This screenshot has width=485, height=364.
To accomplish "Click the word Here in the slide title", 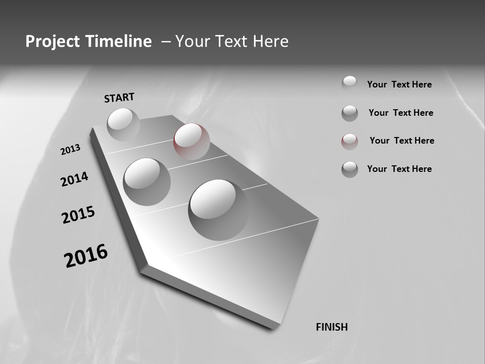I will pos(268,41).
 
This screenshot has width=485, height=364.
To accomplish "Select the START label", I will pos(119,98).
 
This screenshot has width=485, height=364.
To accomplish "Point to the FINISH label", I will pos(332,327).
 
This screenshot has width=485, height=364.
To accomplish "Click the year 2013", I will pos(70,150).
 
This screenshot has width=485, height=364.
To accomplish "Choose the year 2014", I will pos(74,179).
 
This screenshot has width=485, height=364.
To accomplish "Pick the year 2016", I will pos(86,256).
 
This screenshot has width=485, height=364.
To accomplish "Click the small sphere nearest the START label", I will pos(123,124).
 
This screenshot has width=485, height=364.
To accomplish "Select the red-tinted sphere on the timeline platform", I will pos(191,141).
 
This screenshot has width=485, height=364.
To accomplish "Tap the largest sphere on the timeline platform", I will pos(218,209).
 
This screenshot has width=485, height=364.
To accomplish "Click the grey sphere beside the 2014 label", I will pos(147,181).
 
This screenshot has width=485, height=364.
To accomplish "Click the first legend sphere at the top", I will pos(350,83).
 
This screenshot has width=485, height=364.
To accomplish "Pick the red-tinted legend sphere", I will pos(350,142).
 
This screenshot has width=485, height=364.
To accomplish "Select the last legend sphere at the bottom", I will pos(350,169).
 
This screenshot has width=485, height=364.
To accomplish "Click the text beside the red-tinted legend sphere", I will pos(402,141).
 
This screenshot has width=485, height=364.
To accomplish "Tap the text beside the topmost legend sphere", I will pos(399,84).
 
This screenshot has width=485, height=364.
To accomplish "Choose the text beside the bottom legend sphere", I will pos(399,169).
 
